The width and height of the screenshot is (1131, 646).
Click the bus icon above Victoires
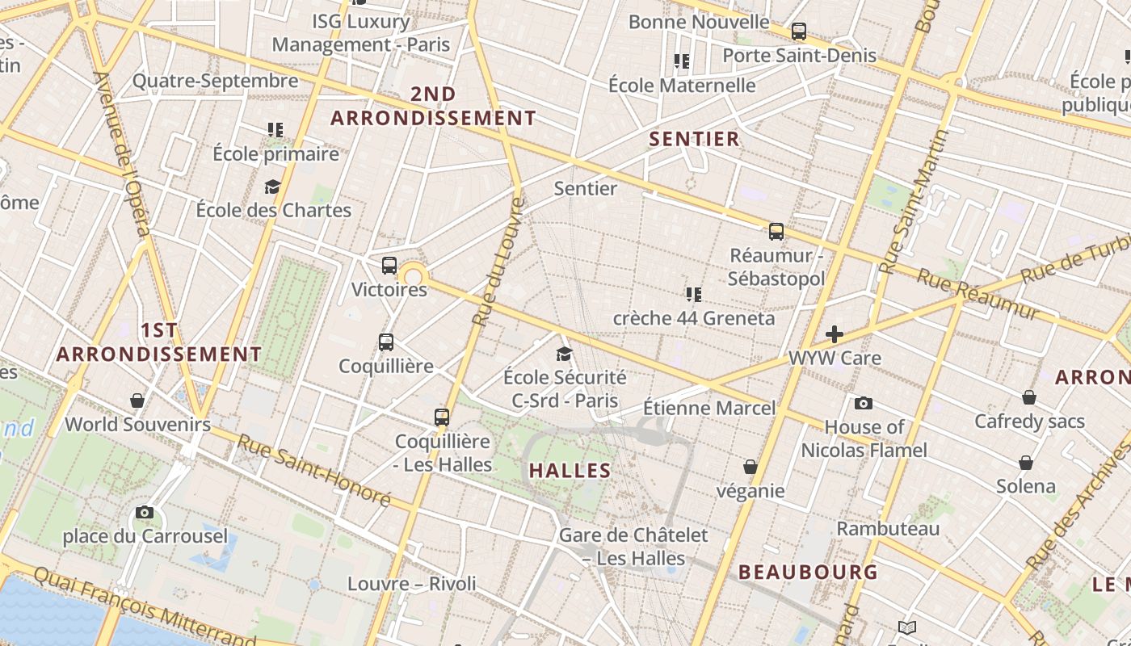pos(389,265)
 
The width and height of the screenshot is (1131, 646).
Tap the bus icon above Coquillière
pos(386,342)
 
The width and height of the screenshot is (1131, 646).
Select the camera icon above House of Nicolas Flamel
pos(864,403)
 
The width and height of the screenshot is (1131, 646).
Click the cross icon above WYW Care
pos(835,333)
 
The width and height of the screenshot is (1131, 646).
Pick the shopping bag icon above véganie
pos(750,467)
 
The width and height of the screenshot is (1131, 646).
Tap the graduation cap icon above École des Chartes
pos(273,187)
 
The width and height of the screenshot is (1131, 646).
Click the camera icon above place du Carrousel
pos(145,512)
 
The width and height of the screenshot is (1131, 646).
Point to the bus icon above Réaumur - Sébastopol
pos(776,232)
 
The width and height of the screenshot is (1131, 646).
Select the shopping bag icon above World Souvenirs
pos(137,401)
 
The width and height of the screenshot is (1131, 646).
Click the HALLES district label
pos(570,470)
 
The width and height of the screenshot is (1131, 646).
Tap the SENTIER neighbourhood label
pos(695,139)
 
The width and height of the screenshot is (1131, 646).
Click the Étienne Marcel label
pos(709,408)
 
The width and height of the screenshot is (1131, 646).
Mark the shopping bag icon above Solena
pos(1026,463)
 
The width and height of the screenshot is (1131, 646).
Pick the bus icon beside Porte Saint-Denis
pos(799,31)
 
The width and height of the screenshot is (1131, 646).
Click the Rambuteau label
pos(888,529)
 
